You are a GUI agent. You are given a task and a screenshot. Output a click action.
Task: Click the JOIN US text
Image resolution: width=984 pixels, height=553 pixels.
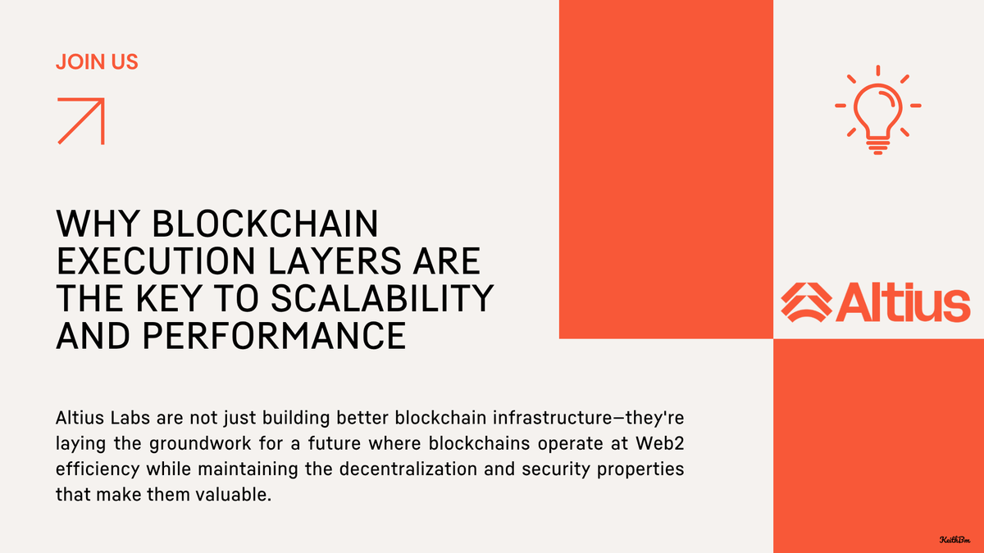[97, 61]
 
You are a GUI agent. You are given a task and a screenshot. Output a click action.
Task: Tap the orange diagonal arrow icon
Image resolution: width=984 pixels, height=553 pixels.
[80, 120]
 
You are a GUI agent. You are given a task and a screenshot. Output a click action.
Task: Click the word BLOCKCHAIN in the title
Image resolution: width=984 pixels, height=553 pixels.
[265, 224]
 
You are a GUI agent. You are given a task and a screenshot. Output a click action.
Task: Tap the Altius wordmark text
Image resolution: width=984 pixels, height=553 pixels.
[902, 302]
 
